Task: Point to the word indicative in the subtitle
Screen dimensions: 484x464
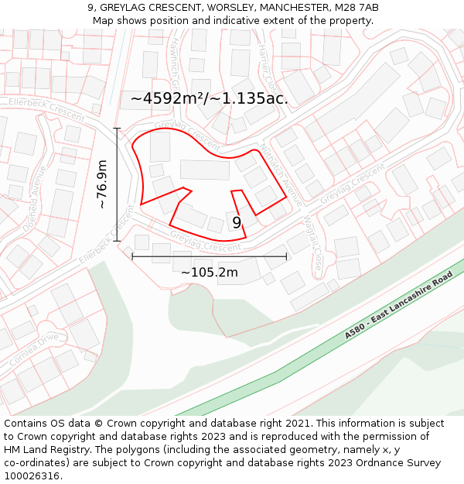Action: click(249, 20)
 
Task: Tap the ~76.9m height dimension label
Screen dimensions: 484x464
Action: click(102, 184)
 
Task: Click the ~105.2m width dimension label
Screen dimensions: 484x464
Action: click(210, 272)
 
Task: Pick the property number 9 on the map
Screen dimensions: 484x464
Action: click(237, 223)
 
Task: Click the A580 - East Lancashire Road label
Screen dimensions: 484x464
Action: click(399, 306)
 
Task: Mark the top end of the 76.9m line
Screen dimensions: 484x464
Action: click(118, 129)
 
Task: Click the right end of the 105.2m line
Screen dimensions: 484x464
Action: click(286, 256)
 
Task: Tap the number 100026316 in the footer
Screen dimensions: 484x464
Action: click(32, 475)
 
